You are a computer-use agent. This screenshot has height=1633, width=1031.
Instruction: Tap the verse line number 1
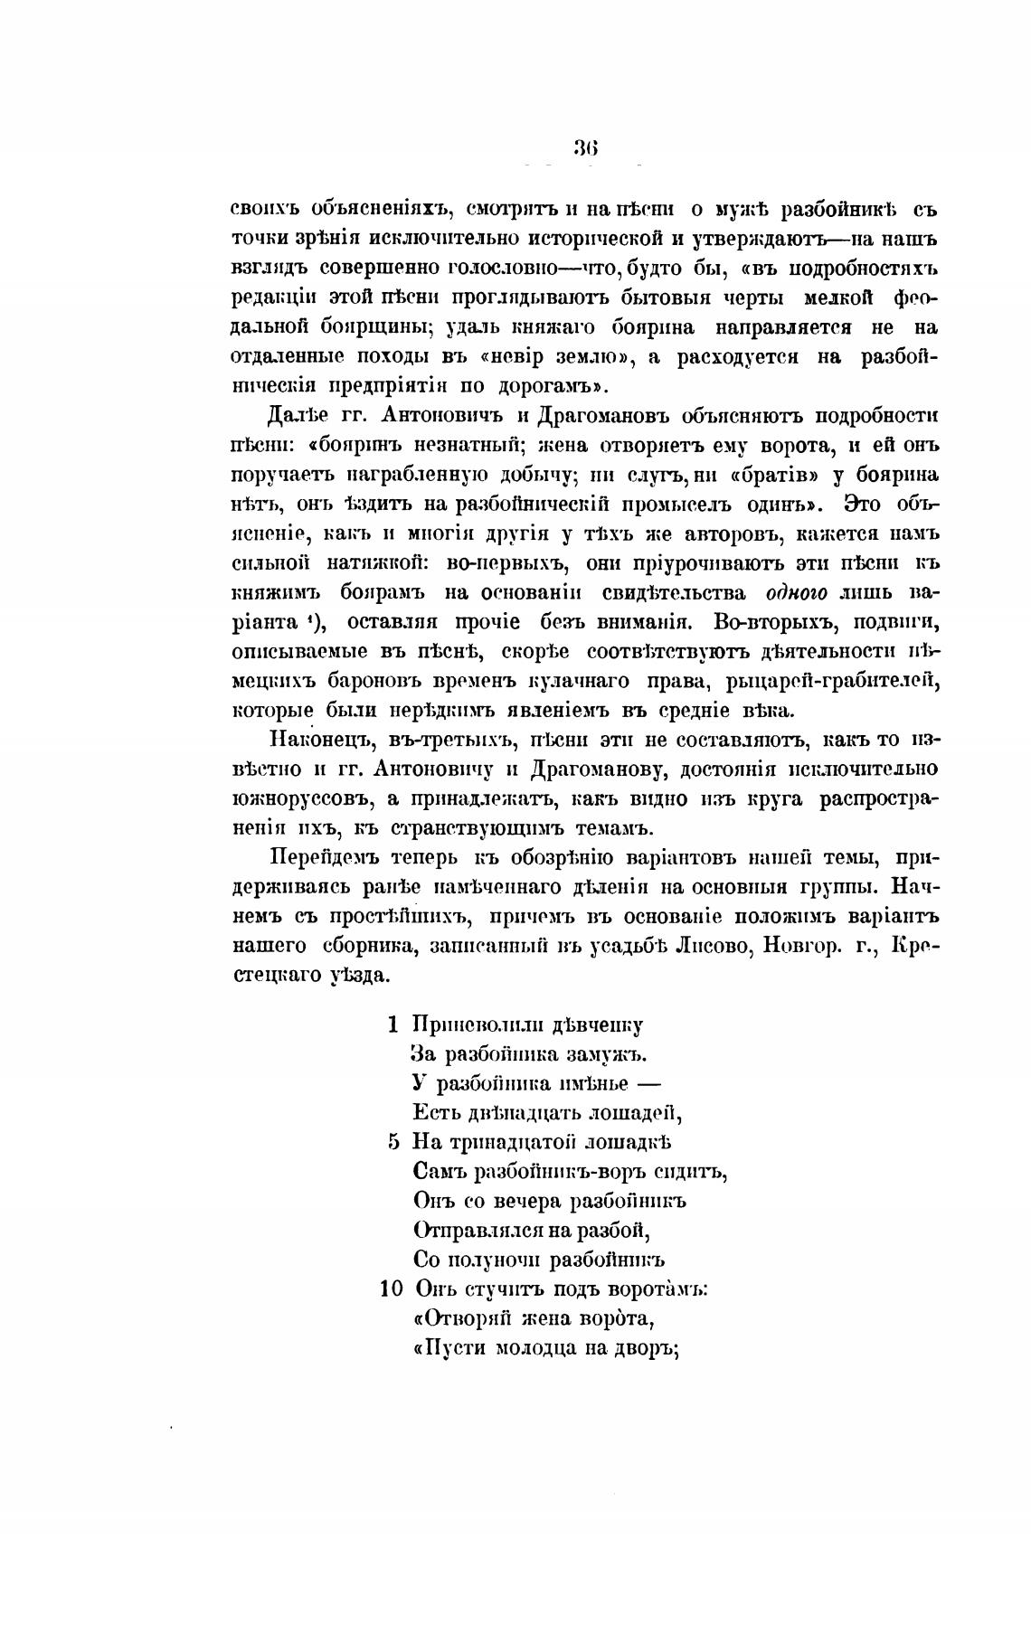pos(393,1024)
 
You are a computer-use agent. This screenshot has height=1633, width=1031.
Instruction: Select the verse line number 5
pos(393,1142)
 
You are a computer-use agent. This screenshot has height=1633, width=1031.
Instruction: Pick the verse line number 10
pos(391,1288)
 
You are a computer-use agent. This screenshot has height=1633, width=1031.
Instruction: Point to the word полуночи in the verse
pos(507,1260)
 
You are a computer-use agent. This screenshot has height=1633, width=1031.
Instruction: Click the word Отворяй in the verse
pos(461,1318)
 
